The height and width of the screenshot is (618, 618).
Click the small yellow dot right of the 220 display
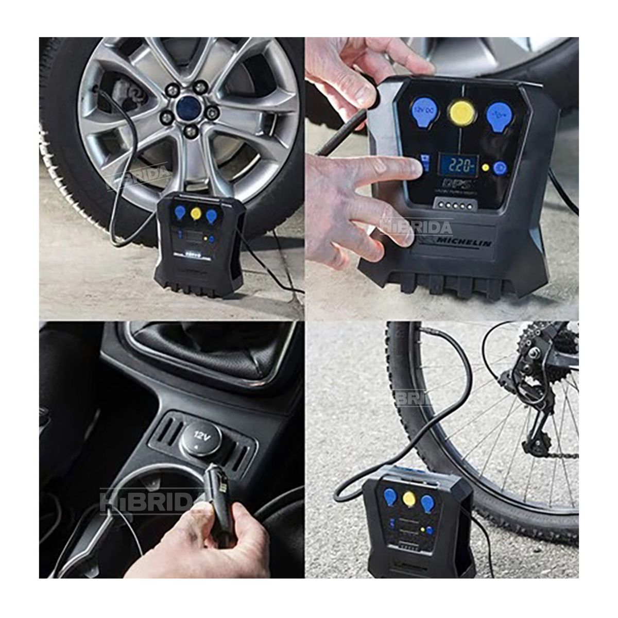(x=485, y=167)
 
